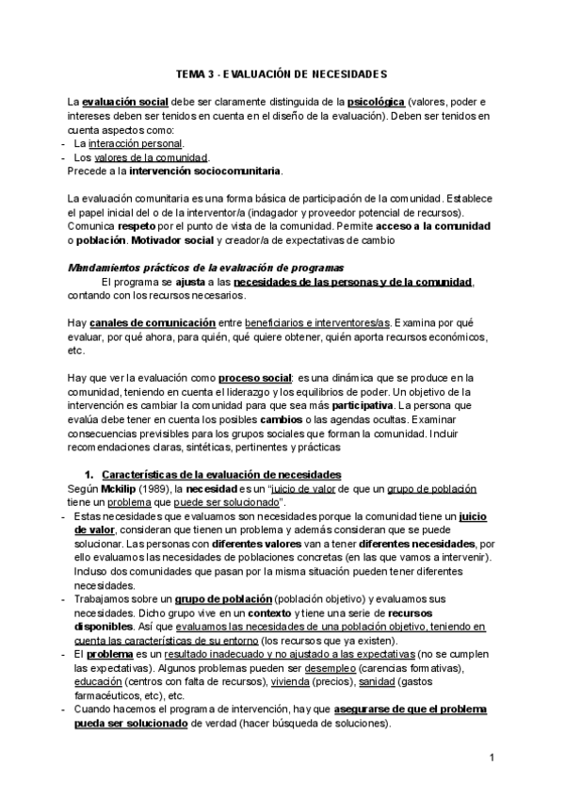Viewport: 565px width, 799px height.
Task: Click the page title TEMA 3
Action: (282, 73)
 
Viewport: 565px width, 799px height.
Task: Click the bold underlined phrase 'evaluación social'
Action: (121, 101)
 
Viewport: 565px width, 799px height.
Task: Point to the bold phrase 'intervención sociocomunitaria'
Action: (178, 171)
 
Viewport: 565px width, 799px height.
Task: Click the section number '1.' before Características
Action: (90, 474)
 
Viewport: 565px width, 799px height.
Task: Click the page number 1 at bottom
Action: (492, 757)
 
